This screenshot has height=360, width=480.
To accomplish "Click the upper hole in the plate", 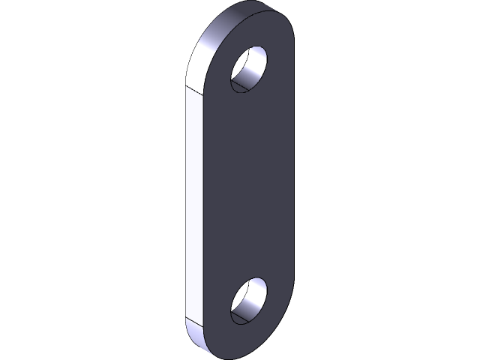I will click(248, 70).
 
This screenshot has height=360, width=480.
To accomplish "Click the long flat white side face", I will click(193, 202).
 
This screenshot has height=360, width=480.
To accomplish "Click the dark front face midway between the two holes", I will click(248, 187).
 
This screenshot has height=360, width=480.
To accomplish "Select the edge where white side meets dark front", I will click(203, 202).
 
